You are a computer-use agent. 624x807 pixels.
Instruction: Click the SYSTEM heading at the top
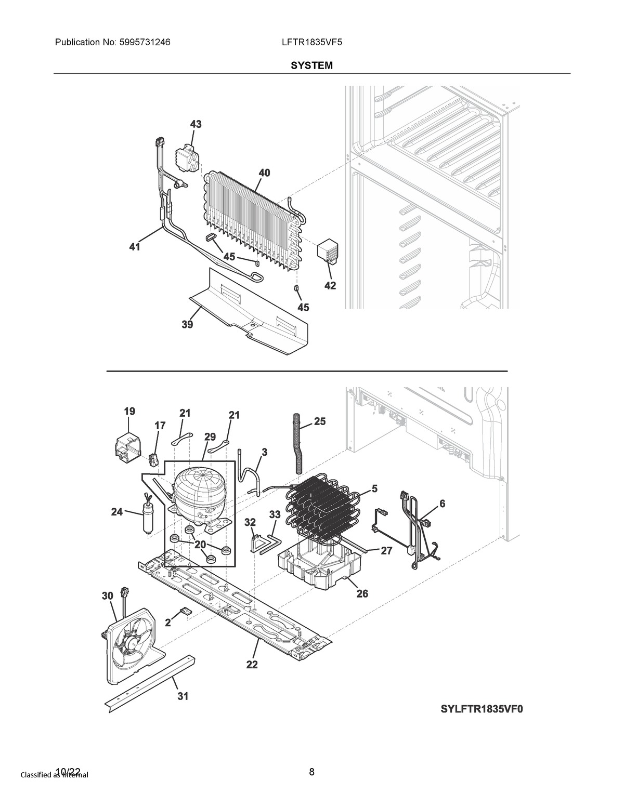point(311,66)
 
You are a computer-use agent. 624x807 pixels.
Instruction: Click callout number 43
point(196,124)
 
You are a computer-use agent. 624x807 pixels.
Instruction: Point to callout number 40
point(264,173)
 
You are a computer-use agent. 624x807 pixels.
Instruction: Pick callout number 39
point(187,325)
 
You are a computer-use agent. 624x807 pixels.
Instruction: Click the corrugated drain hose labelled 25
point(298,442)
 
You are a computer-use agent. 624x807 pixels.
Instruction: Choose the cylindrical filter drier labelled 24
point(148,517)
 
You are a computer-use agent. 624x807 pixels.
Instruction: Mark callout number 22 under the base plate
point(252,665)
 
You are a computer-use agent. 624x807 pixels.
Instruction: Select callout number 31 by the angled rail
point(182,696)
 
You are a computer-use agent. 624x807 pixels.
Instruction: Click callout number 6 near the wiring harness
point(442,504)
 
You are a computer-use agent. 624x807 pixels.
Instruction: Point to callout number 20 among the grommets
point(200,545)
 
